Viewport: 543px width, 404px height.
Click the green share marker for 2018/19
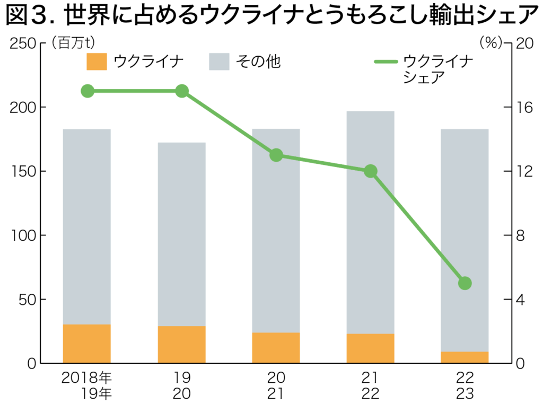tap(87, 91)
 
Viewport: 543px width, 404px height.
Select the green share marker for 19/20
tap(182, 91)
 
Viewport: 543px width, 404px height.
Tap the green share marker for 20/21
tap(276, 155)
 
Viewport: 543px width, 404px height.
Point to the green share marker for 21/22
tap(371, 171)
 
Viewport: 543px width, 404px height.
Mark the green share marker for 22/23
tap(465, 283)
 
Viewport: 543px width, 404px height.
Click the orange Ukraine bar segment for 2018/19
tap(87, 344)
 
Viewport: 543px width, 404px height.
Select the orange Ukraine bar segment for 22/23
tap(465, 357)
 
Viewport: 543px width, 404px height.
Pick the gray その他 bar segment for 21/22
tap(370, 223)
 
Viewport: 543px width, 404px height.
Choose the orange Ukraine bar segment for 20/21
tap(276, 348)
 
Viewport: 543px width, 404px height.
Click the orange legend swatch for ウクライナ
tap(97, 62)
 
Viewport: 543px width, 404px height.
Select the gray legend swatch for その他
tap(219, 62)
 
